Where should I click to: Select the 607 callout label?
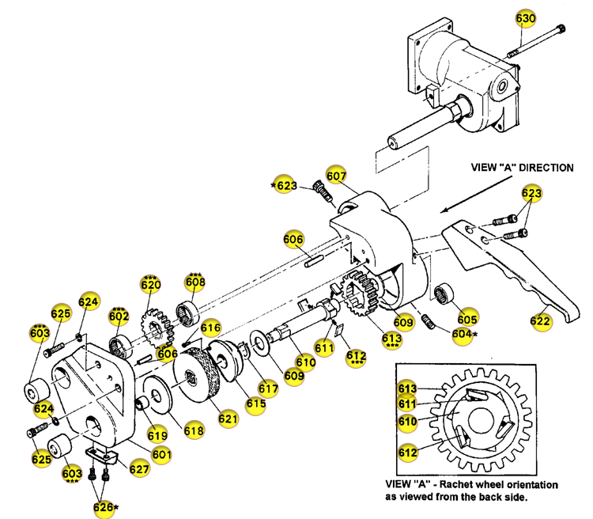click(x=337, y=176)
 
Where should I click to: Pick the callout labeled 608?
click(x=195, y=282)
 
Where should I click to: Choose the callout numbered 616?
click(x=210, y=327)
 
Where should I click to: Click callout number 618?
click(x=194, y=430)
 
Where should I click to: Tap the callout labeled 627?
click(x=139, y=469)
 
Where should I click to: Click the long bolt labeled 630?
click(x=538, y=40)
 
